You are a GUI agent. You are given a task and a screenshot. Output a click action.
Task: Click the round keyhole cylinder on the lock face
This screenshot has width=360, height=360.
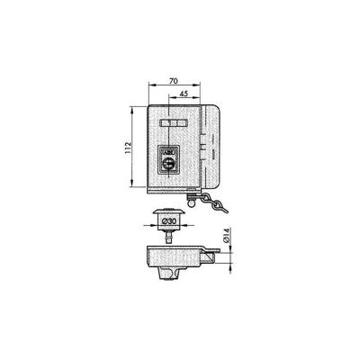click(x=169, y=165)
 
